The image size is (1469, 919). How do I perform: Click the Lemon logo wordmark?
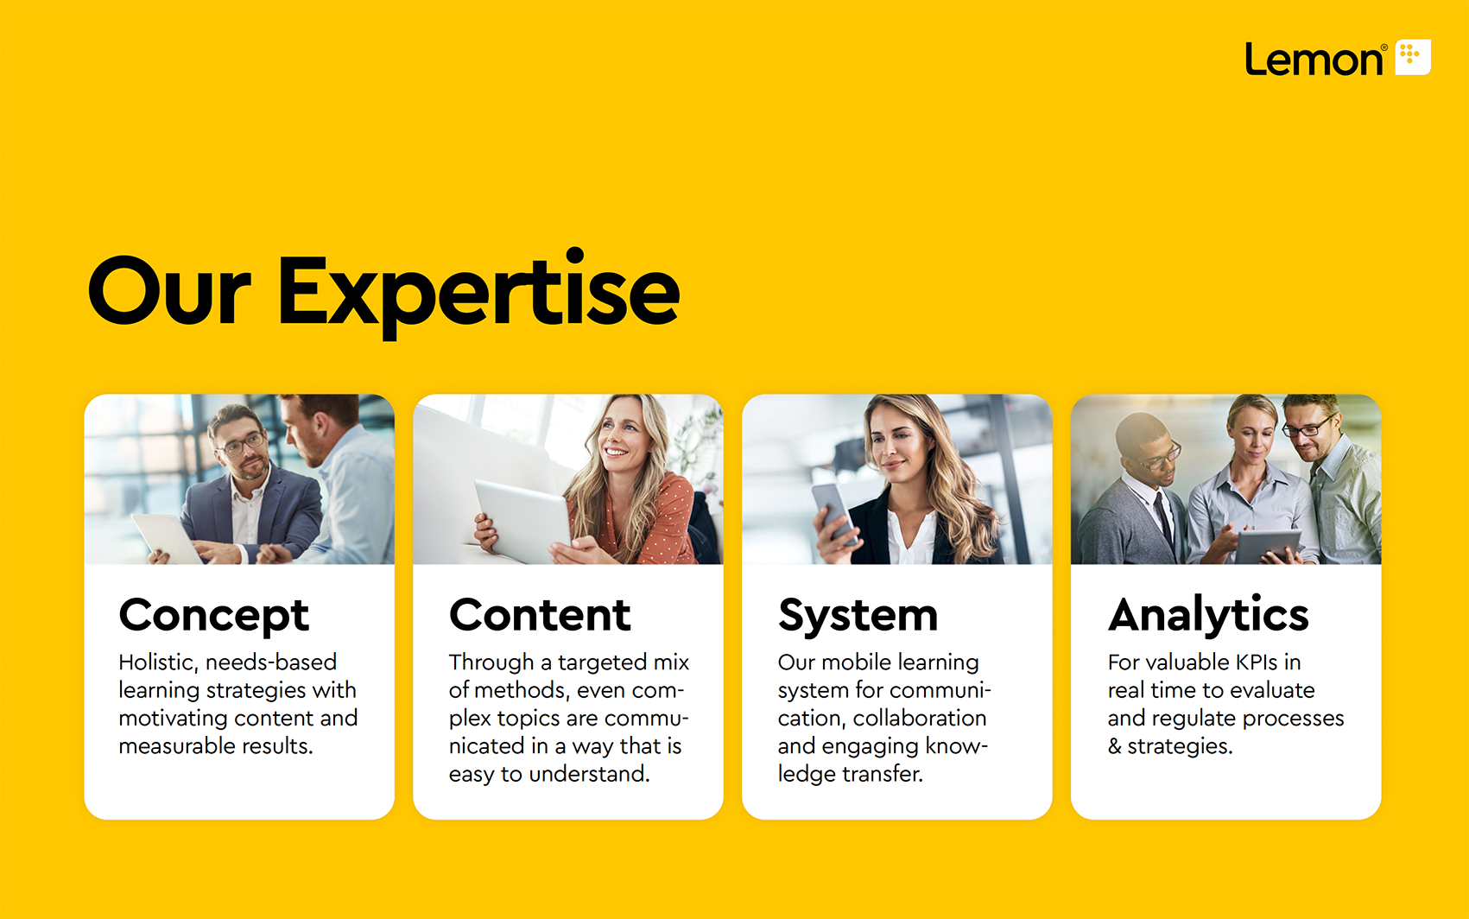click(1315, 59)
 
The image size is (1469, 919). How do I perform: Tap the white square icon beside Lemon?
click(1413, 57)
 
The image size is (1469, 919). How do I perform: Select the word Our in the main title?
click(169, 290)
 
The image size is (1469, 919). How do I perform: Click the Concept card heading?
click(214, 615)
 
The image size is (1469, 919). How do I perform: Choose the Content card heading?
click(540, 615)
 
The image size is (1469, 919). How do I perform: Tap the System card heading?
click(858, 616)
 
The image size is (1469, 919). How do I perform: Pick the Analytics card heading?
click(1208, 615)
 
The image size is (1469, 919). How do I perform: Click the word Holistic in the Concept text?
click(158, 662)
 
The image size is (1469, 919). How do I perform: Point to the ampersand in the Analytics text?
click(1114, 746)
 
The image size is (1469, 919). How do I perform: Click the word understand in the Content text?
click(589, 774)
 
